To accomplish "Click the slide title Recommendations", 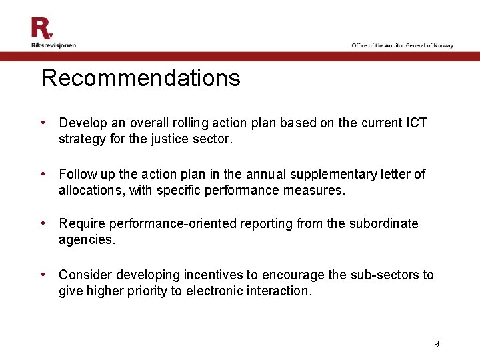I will click(141, 79).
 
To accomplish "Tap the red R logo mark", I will click(41, 29).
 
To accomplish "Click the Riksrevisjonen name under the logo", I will click(53, 45).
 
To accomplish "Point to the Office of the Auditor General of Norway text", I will click(403, 45).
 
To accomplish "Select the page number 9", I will click(437, 344).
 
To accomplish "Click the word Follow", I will click(77, 174).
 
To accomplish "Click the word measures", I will click(318, 190).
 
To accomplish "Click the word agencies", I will click(87, 240).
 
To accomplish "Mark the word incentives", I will click(215, 275).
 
